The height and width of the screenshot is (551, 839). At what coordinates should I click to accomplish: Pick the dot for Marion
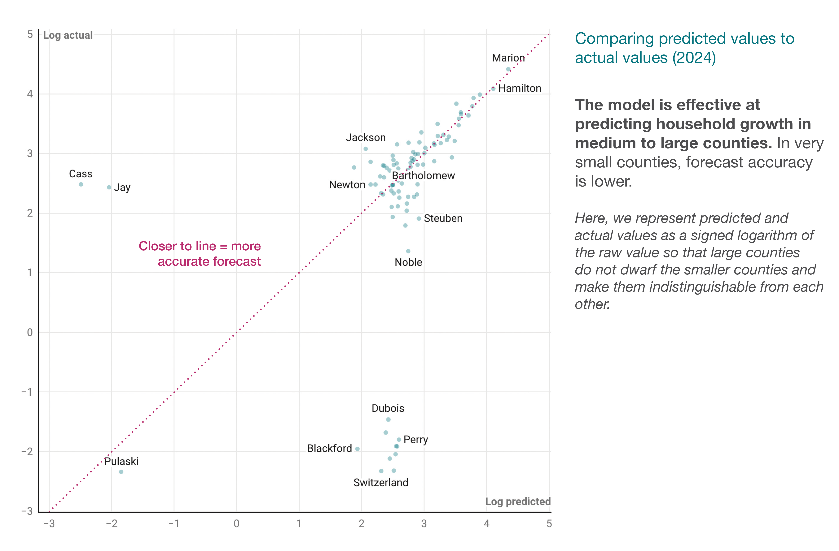click(508, 69)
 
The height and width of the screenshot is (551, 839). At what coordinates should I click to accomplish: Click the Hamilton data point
click(494, 89)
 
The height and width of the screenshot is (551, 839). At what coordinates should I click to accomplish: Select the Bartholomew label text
click(423, 175)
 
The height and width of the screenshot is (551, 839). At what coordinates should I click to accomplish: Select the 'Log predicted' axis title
click(518, 501)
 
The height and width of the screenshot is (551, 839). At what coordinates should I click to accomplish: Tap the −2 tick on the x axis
click(111, 523)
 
